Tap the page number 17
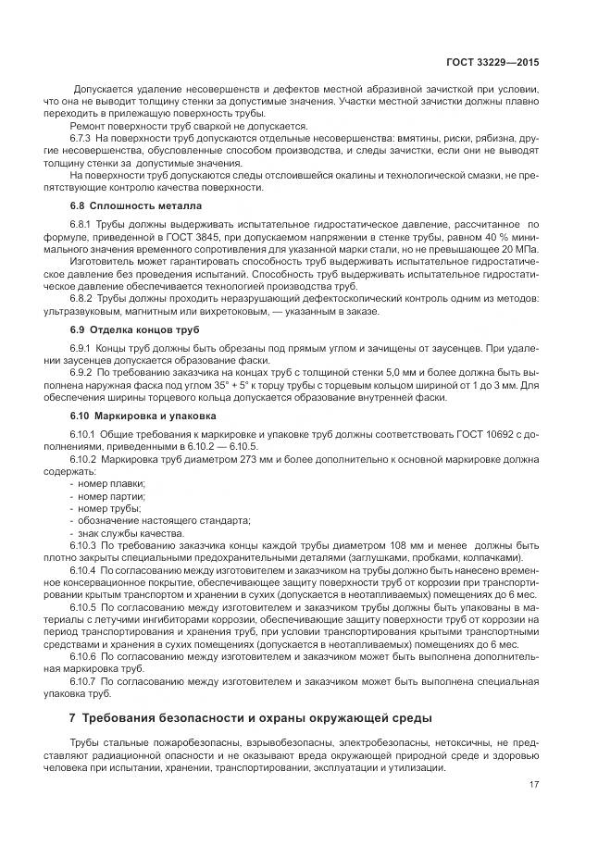pos(534,785)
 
